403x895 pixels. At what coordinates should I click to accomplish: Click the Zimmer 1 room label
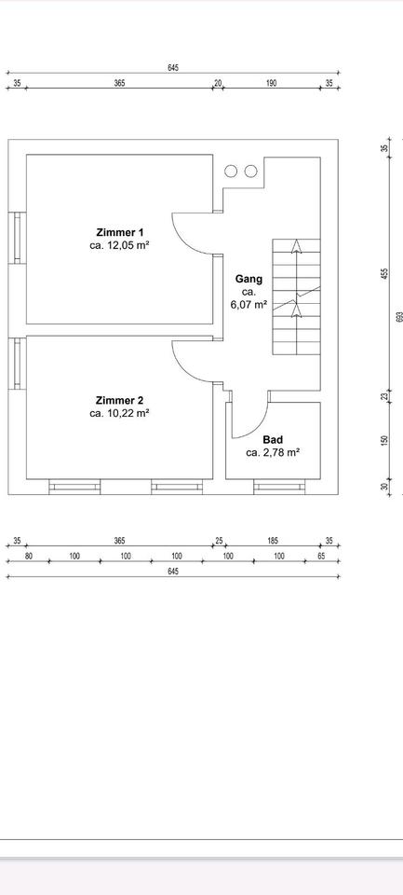pyautogui.click(x=120, y=232)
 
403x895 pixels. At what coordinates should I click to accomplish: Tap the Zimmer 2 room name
pyautogui.click(x=120, y=400)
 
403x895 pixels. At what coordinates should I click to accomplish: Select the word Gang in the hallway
pyautogui.click(x=249, y=280)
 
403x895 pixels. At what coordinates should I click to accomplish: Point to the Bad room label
pyautogui.click(x=273, y=440)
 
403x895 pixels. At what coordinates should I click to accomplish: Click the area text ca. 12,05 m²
pyautogui.click(x=120, y=245)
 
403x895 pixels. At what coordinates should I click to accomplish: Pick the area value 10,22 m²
pyautogui.click(x=126, y=413)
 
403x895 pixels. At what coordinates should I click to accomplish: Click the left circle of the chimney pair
pyautogui.click(x=231, y=171)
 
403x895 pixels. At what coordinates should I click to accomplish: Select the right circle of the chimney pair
pyautogui.click(x=250, y=171)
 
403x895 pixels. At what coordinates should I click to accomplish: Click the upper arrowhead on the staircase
pyautogui.click(x=296, y=245)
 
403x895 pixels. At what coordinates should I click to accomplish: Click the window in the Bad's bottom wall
pyautogui.click(x=279, y=487)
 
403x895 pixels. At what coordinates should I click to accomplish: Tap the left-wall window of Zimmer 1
pyautogui.click(x=17, y=238)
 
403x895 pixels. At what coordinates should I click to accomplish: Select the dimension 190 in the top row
pyautogui.click(x=272, y=83)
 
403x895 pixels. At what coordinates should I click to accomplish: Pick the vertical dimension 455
pyautogui.click(x=384, y=273)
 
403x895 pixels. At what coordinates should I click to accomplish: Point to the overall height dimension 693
pyautogui.click(x=399, y=316)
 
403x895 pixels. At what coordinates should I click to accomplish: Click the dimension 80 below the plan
pyautogui.click(x=29, y=556)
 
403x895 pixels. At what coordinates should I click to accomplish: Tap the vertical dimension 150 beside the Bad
pyautogui.click(x=384, y=441)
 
